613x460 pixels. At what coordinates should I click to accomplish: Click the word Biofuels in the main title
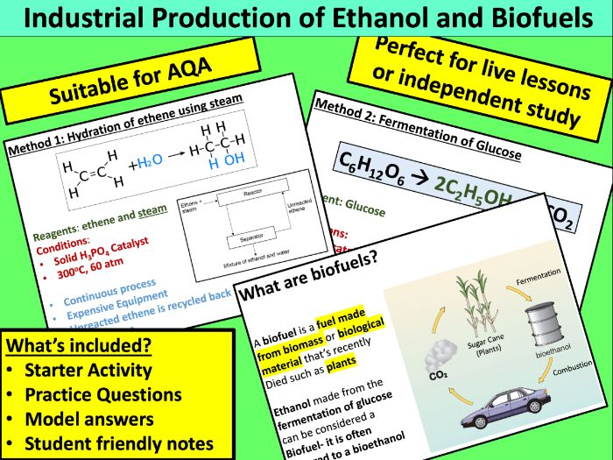coord(544,18)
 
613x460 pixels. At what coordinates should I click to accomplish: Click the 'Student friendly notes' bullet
coord(119,443)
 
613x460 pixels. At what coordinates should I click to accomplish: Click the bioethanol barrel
coord(543,324)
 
